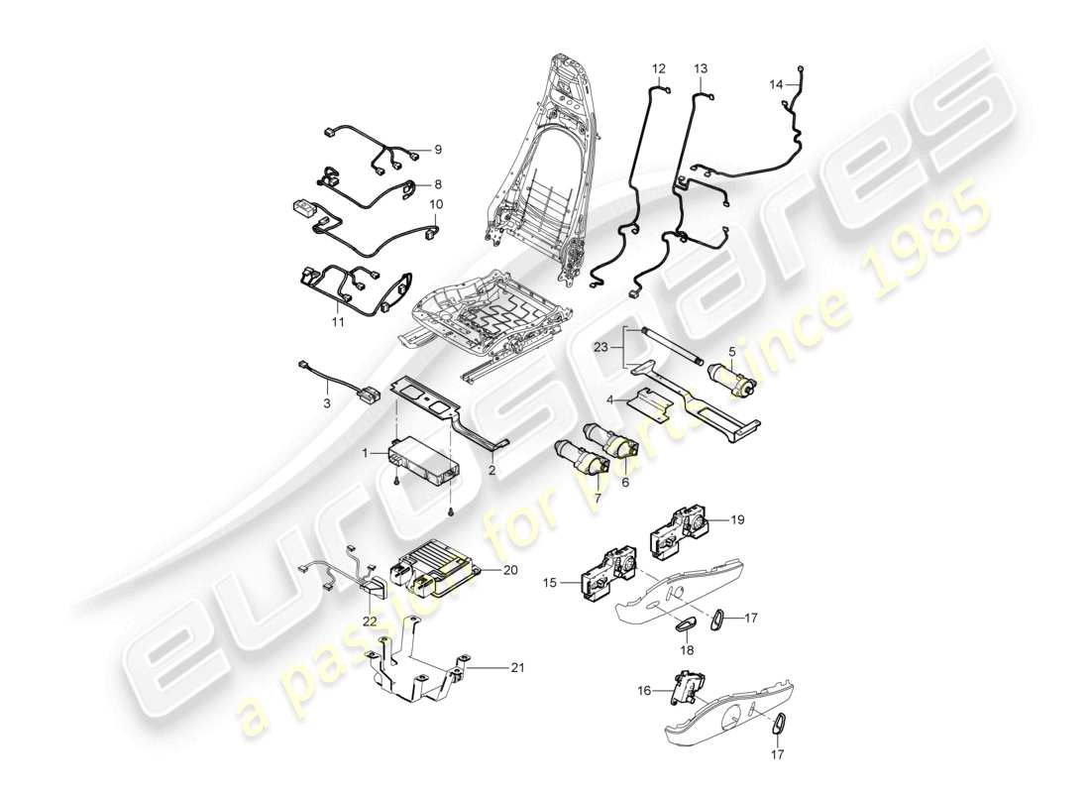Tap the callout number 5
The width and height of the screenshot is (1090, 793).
coord(732,350)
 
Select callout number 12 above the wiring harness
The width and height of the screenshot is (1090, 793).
coord(659,68)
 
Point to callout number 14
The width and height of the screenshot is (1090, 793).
coord(776,85)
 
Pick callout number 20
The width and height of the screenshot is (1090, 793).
coord(510,570)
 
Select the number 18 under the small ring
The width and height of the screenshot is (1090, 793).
coord(687,650)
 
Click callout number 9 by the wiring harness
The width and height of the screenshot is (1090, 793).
coord(437,150)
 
